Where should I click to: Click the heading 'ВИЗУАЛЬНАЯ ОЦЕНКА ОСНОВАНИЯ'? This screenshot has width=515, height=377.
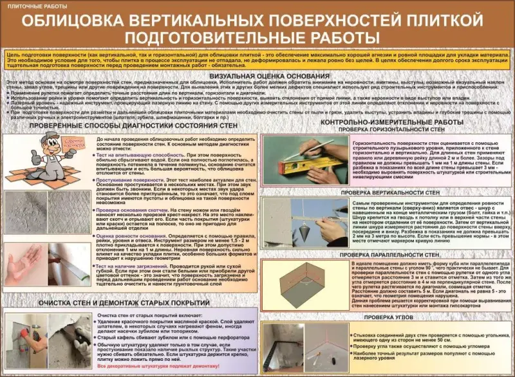click(257, 75)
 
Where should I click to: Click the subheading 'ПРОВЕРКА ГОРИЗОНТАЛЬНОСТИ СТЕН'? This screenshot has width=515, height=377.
click(392, 129)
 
